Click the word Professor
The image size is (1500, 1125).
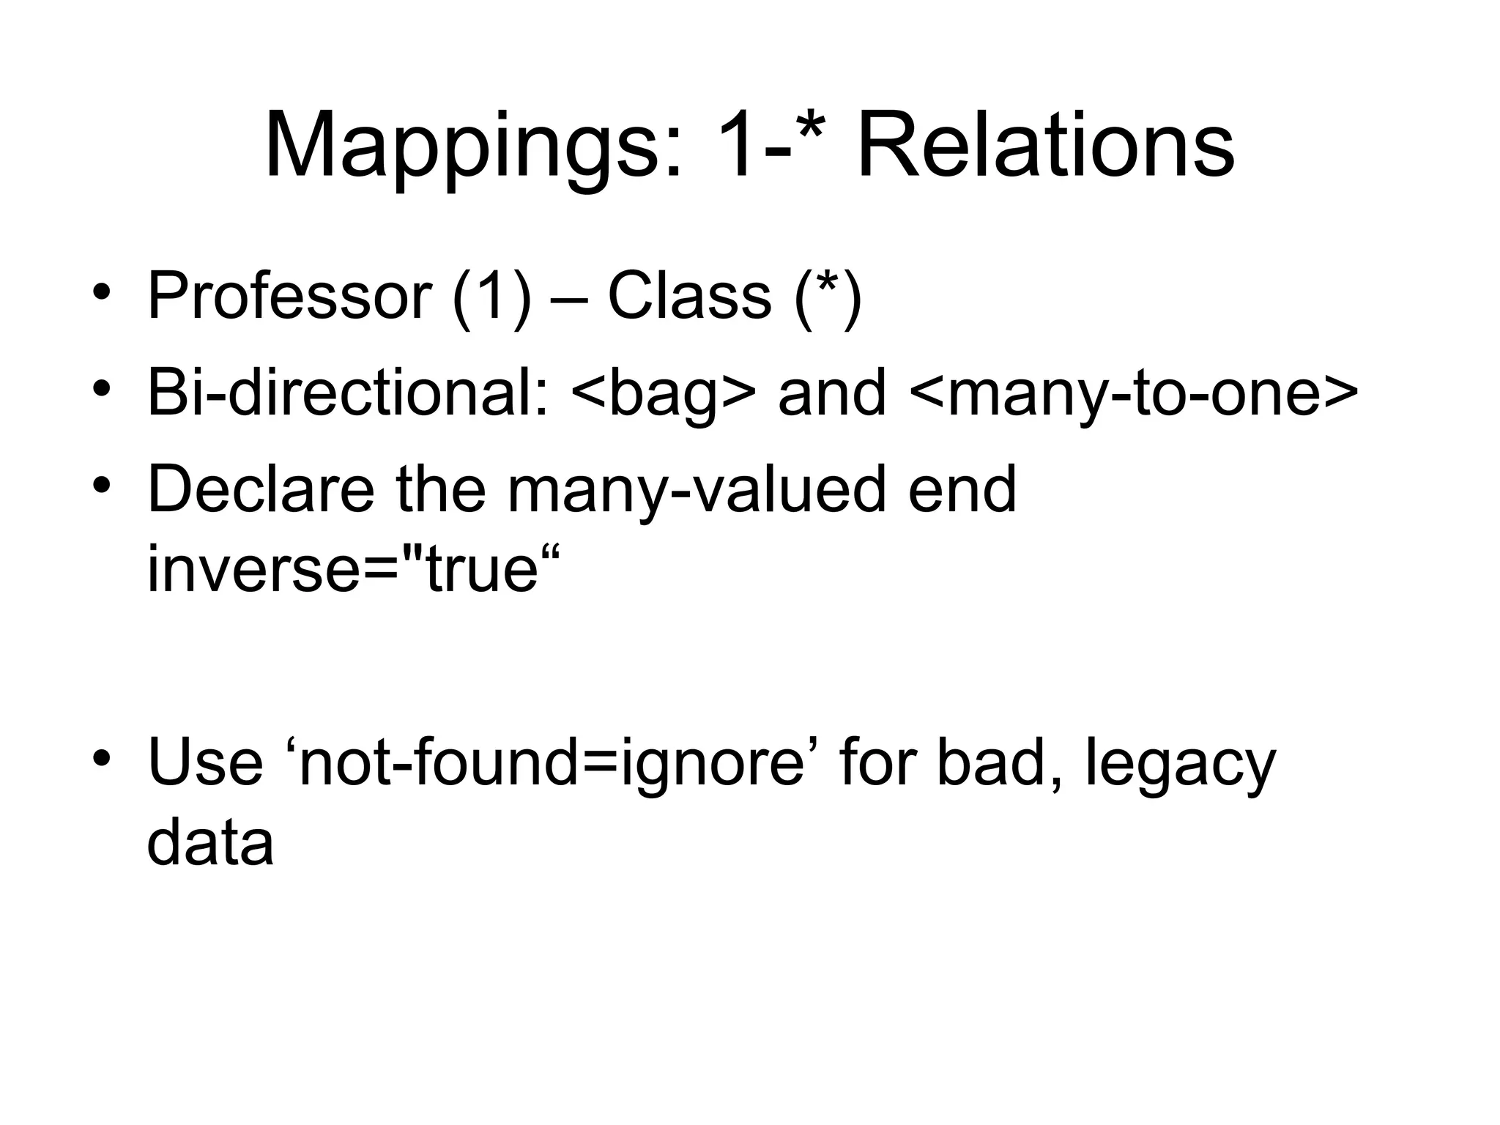289,297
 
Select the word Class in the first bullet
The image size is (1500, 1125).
689,297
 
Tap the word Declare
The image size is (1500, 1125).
261,489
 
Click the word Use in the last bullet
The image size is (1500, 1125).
205,762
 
